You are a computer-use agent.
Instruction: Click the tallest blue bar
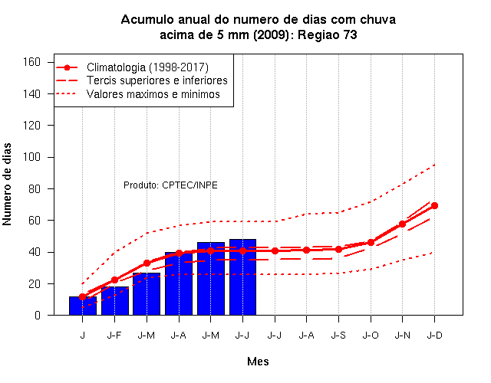(x=242, y=277)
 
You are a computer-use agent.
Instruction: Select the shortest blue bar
(x=83, y=306)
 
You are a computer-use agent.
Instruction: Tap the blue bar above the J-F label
(x=115, y=301)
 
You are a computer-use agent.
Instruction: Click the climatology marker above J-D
(x=434, y=206)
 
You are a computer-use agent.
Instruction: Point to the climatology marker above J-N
(x=402, y=224)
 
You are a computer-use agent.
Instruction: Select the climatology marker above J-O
(x=371, y=243)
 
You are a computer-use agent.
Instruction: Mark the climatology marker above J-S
(x=338, y=250)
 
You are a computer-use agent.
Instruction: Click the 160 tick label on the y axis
(x=31, y=62)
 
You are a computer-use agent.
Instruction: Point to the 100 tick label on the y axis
(x=31, y=157)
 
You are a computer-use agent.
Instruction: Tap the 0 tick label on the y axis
(x=38, y=315)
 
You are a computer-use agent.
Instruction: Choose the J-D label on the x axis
(x=435, y=336)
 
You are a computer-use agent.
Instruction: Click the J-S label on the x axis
(x=338, y=336)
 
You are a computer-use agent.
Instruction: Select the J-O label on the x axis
(x=371, y=336)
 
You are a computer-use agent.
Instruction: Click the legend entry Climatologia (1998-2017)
(x=147, y=67)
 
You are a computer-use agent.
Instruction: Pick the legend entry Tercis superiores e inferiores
(x=157, y=80)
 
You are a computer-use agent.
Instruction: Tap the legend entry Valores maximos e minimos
(x=153, y=94)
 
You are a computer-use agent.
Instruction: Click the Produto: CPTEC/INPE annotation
(x=170, y=185)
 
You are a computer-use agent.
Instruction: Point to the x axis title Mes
(x=258, y=362)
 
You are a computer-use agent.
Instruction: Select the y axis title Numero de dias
(x=7, y=184)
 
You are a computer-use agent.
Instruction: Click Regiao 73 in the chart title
(x=328, y=34)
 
